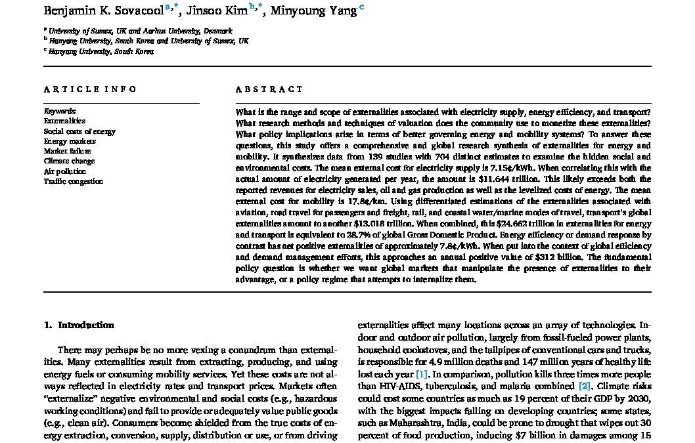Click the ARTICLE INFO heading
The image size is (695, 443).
point(91,89)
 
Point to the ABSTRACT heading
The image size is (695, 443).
point(269,89)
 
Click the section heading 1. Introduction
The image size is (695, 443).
point(79,325)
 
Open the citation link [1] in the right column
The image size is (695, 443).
point(420,374)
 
